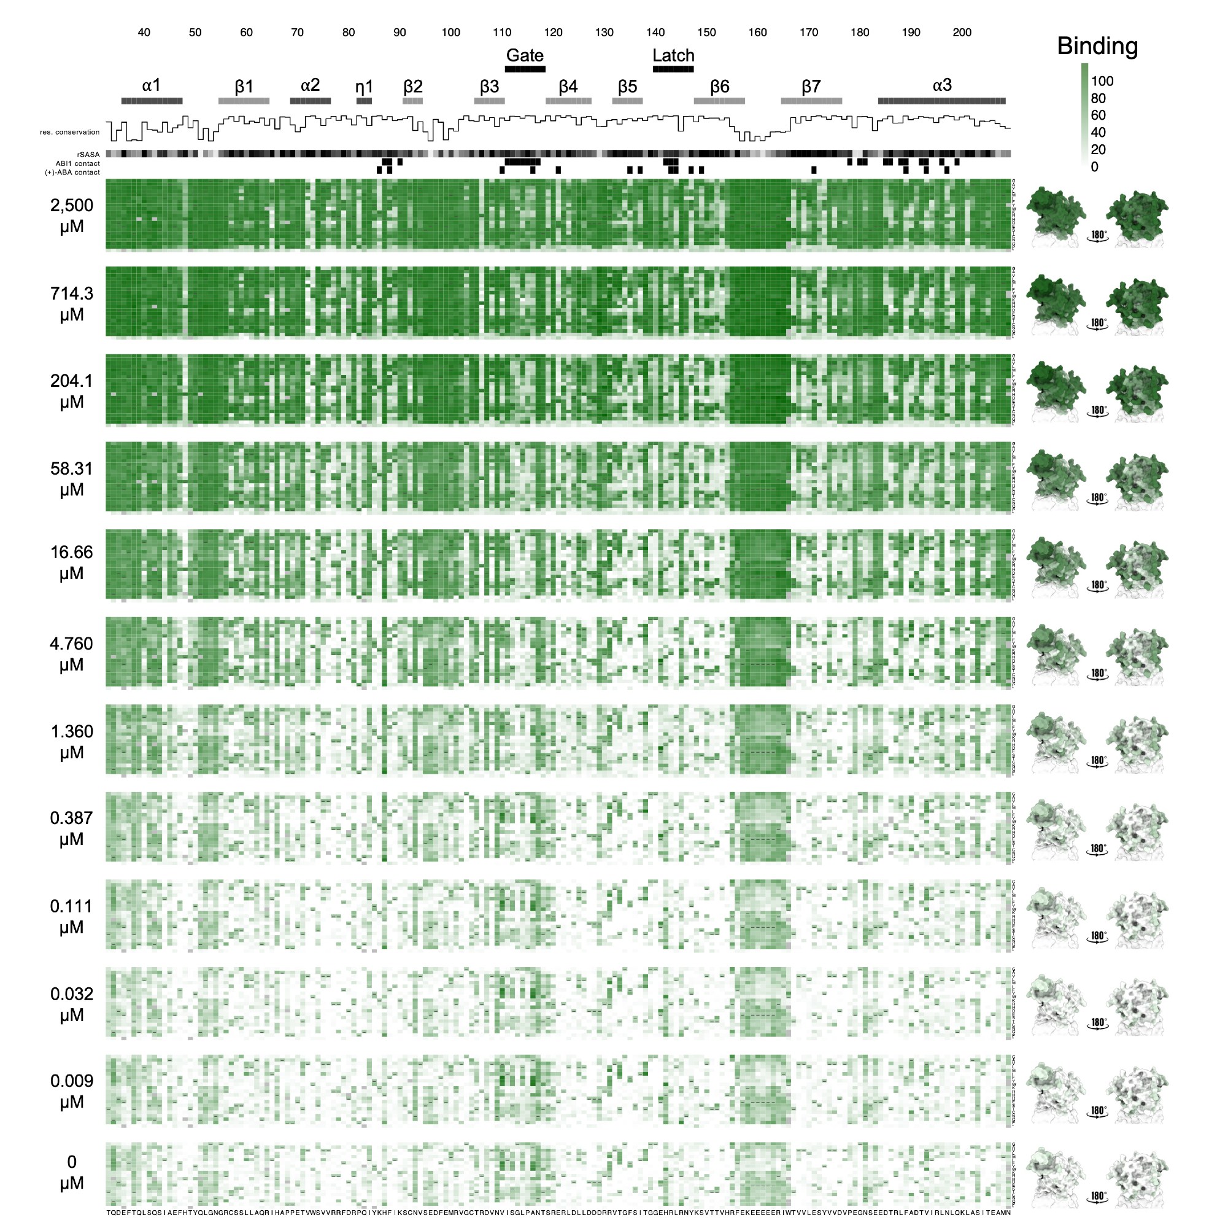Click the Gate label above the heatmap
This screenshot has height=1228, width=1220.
tap(525, 55)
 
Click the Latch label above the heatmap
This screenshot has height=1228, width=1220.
tap(673, 55)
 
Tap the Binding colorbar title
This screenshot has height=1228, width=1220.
tap(1097, 46)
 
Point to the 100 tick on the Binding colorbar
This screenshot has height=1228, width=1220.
tap(1102, 82)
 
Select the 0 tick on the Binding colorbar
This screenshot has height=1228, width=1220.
tap(1094, 167)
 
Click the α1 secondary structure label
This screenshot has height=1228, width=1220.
tap(151, 85)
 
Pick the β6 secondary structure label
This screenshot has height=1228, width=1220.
tap(719, 87)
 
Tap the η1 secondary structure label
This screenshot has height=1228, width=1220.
tap(364, 87)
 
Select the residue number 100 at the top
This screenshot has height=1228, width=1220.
tap(450, 33)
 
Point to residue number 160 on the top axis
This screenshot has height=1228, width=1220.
tap(757, 33)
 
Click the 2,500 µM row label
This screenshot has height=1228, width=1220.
tap(72, 216)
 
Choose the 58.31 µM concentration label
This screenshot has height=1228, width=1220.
tap(72, 480)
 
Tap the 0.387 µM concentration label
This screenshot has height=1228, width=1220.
tap(72, 828)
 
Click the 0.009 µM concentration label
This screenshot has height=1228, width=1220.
tap(72, 1090)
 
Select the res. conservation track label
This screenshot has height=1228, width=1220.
tap(70, 132)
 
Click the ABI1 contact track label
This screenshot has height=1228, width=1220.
tap(77, 163)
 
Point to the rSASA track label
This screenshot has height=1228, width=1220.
tap(88, 155)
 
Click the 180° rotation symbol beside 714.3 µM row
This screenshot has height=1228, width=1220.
tap(1098, 324)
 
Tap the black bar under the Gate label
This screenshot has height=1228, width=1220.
tap(525, 69)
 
